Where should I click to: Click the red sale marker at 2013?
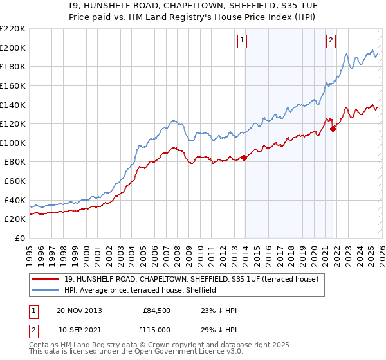[x=244, y=157]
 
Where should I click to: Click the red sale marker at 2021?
[x=333, y=129]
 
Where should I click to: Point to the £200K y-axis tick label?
[x=13, y=48]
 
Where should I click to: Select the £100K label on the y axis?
[x=13, y=143]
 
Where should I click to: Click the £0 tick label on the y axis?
[x=19, y=238]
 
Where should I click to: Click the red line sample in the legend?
[x=46, y=278]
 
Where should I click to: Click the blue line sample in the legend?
[x=46, y=290]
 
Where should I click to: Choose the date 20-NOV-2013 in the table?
[x=79, y=310]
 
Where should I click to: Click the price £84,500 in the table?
[x=157, y=310]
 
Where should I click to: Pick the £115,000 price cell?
[x=157, y=329]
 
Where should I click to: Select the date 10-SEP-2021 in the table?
[x=79, y=329]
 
